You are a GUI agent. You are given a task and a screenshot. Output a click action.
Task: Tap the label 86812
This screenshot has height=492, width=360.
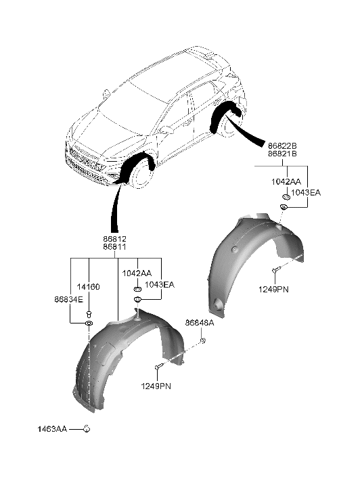click(x=115, y=240)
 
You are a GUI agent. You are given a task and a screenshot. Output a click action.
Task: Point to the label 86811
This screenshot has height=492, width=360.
click(x=115, y=248)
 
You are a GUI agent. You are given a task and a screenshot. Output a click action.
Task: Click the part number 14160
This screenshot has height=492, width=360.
click(x=89, y=287)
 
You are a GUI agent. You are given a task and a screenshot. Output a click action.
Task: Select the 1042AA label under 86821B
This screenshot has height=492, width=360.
click(x=286, y=182)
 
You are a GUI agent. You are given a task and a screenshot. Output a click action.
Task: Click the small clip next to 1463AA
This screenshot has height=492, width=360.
click(x=87, y=428)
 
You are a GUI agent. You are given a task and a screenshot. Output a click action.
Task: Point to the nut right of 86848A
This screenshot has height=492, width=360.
click(x=203, y=343)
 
